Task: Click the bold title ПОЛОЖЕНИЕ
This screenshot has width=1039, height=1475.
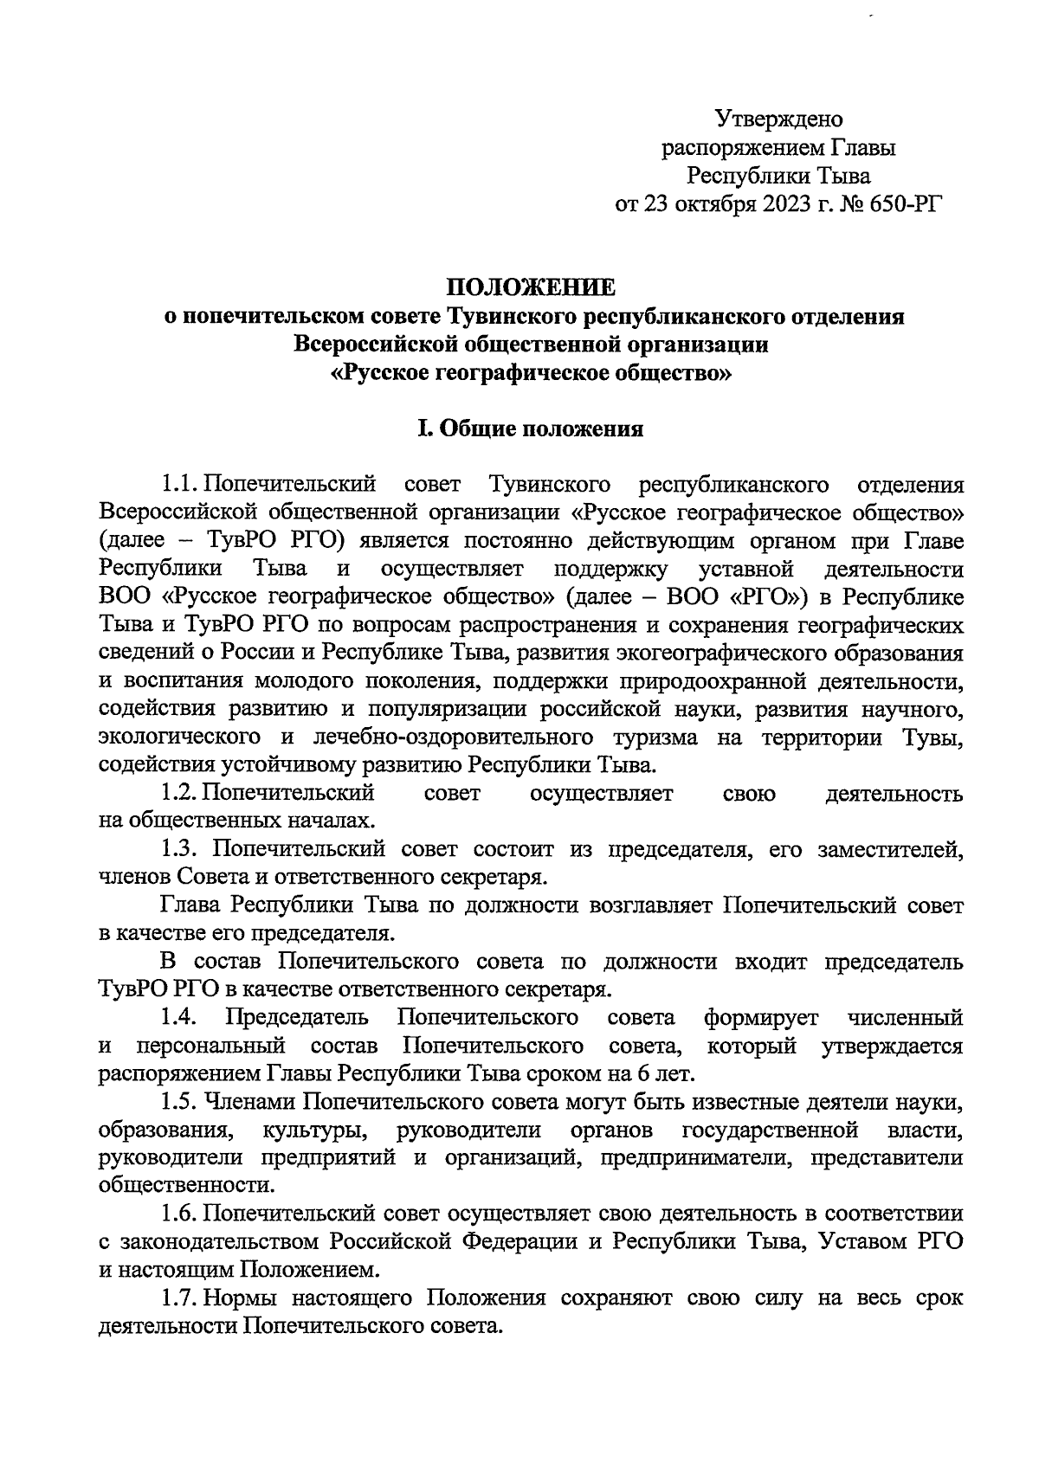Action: tap(532, 287)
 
